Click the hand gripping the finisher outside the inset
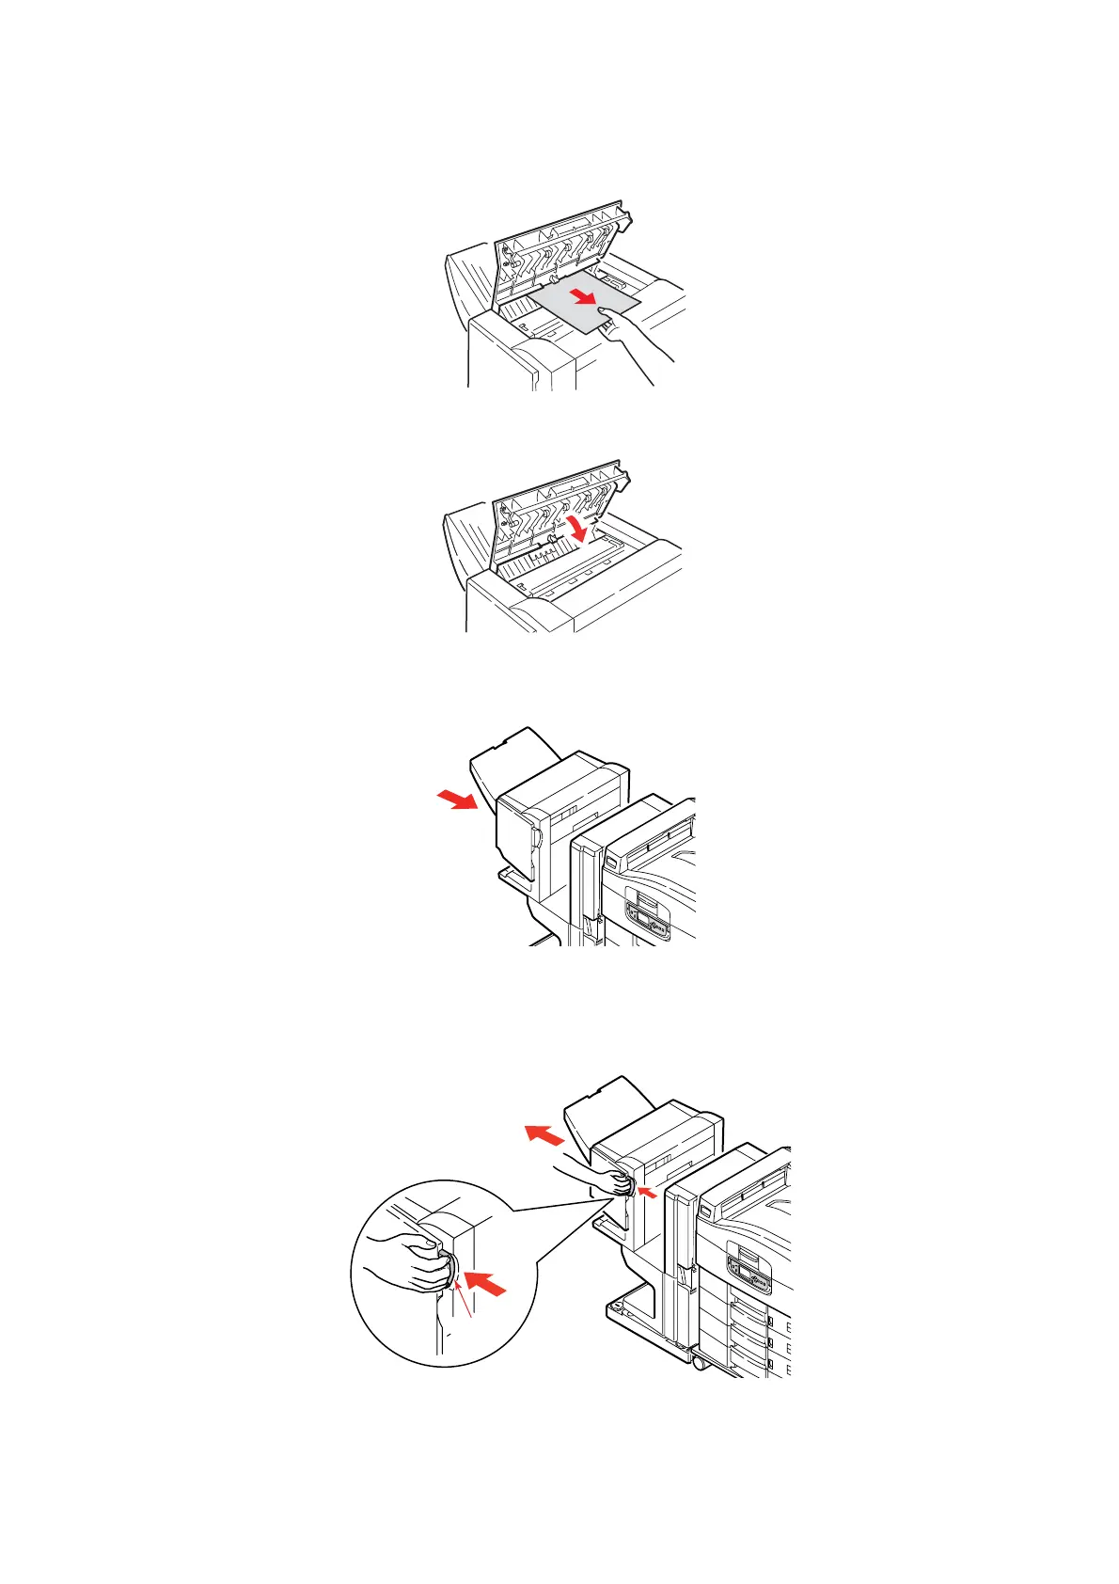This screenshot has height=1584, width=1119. tap(597, 1181)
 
